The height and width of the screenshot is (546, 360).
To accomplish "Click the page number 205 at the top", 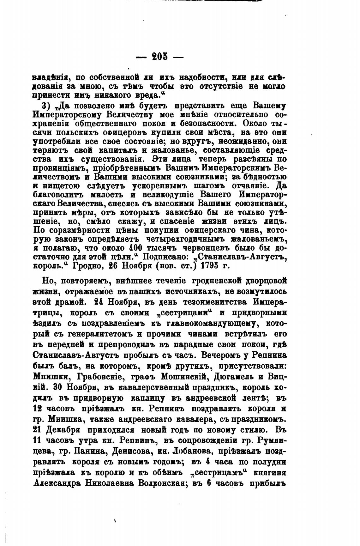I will click(x=160, y=57).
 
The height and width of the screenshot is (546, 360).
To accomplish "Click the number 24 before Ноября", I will click(x=100, y=302).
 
